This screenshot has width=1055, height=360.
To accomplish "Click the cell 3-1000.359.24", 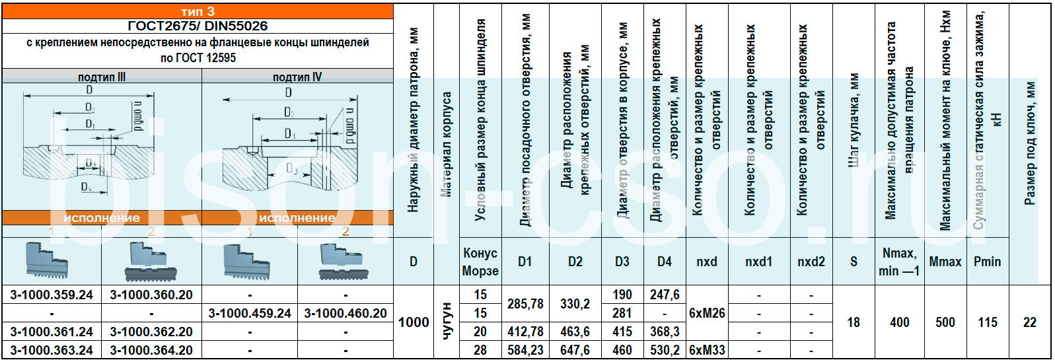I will (52, 295).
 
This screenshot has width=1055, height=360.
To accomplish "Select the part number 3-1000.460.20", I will (346, 313).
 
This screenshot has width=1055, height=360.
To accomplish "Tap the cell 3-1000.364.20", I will (151, 350).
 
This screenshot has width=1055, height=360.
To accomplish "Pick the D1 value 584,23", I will (525, 350).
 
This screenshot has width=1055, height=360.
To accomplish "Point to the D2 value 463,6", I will (575, 332).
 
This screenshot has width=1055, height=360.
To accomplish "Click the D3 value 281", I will (622, 313).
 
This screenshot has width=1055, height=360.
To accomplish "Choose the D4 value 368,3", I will (664, 332).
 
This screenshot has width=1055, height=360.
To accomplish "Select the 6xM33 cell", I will (706, 350).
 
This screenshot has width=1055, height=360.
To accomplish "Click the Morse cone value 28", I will (480, 350).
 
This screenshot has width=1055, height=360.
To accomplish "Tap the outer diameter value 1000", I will (414, 322).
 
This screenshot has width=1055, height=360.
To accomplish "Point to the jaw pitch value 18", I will (853, 322).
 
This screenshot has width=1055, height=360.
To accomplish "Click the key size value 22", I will (1029, 322).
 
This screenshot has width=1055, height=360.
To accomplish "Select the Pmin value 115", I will (987, 322).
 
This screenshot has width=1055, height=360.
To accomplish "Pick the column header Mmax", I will (945, 262).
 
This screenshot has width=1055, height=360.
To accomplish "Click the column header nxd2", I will (811, 262).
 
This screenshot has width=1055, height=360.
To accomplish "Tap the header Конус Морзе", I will (480, 262).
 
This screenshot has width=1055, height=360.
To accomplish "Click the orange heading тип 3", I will (198, 11).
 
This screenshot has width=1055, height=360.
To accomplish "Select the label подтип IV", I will (297, 77).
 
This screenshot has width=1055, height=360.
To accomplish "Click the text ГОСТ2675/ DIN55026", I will (198, 26).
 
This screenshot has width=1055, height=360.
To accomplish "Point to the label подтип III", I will (102, 77).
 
